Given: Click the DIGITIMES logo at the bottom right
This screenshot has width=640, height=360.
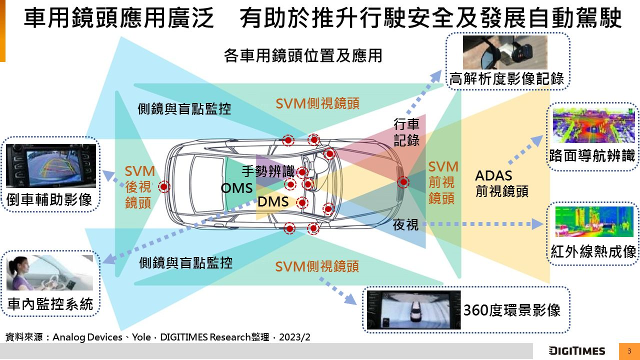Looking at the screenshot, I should pos(576,351).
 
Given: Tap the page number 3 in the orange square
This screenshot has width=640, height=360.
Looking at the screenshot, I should pos(629,351).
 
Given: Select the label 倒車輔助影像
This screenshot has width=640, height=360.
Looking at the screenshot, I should pos(50,199).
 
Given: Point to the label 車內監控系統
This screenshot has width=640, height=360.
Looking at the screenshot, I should pos(50,303).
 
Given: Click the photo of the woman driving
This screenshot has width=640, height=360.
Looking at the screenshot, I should pos(50,272).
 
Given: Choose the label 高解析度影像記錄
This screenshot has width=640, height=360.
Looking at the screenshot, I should pos(506,78).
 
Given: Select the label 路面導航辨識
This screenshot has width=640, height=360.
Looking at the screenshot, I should pos(592,156).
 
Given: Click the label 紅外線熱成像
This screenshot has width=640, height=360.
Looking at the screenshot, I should pos(593,251).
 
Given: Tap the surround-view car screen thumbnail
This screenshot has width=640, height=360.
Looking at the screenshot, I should pos(413,310).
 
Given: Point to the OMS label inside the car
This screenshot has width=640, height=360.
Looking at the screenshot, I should pos(236,188).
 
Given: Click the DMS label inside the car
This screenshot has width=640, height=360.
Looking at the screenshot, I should pos(273,202).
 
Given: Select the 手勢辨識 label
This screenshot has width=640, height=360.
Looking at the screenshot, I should pos(268,171).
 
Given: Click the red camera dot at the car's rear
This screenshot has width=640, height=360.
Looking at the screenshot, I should pos(164,187).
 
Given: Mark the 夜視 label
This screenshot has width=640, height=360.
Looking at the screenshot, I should pos(405,225).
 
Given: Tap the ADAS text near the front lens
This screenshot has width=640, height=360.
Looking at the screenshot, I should pos(493,176).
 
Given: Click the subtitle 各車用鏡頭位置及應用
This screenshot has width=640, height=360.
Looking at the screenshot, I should pos(303,55).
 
